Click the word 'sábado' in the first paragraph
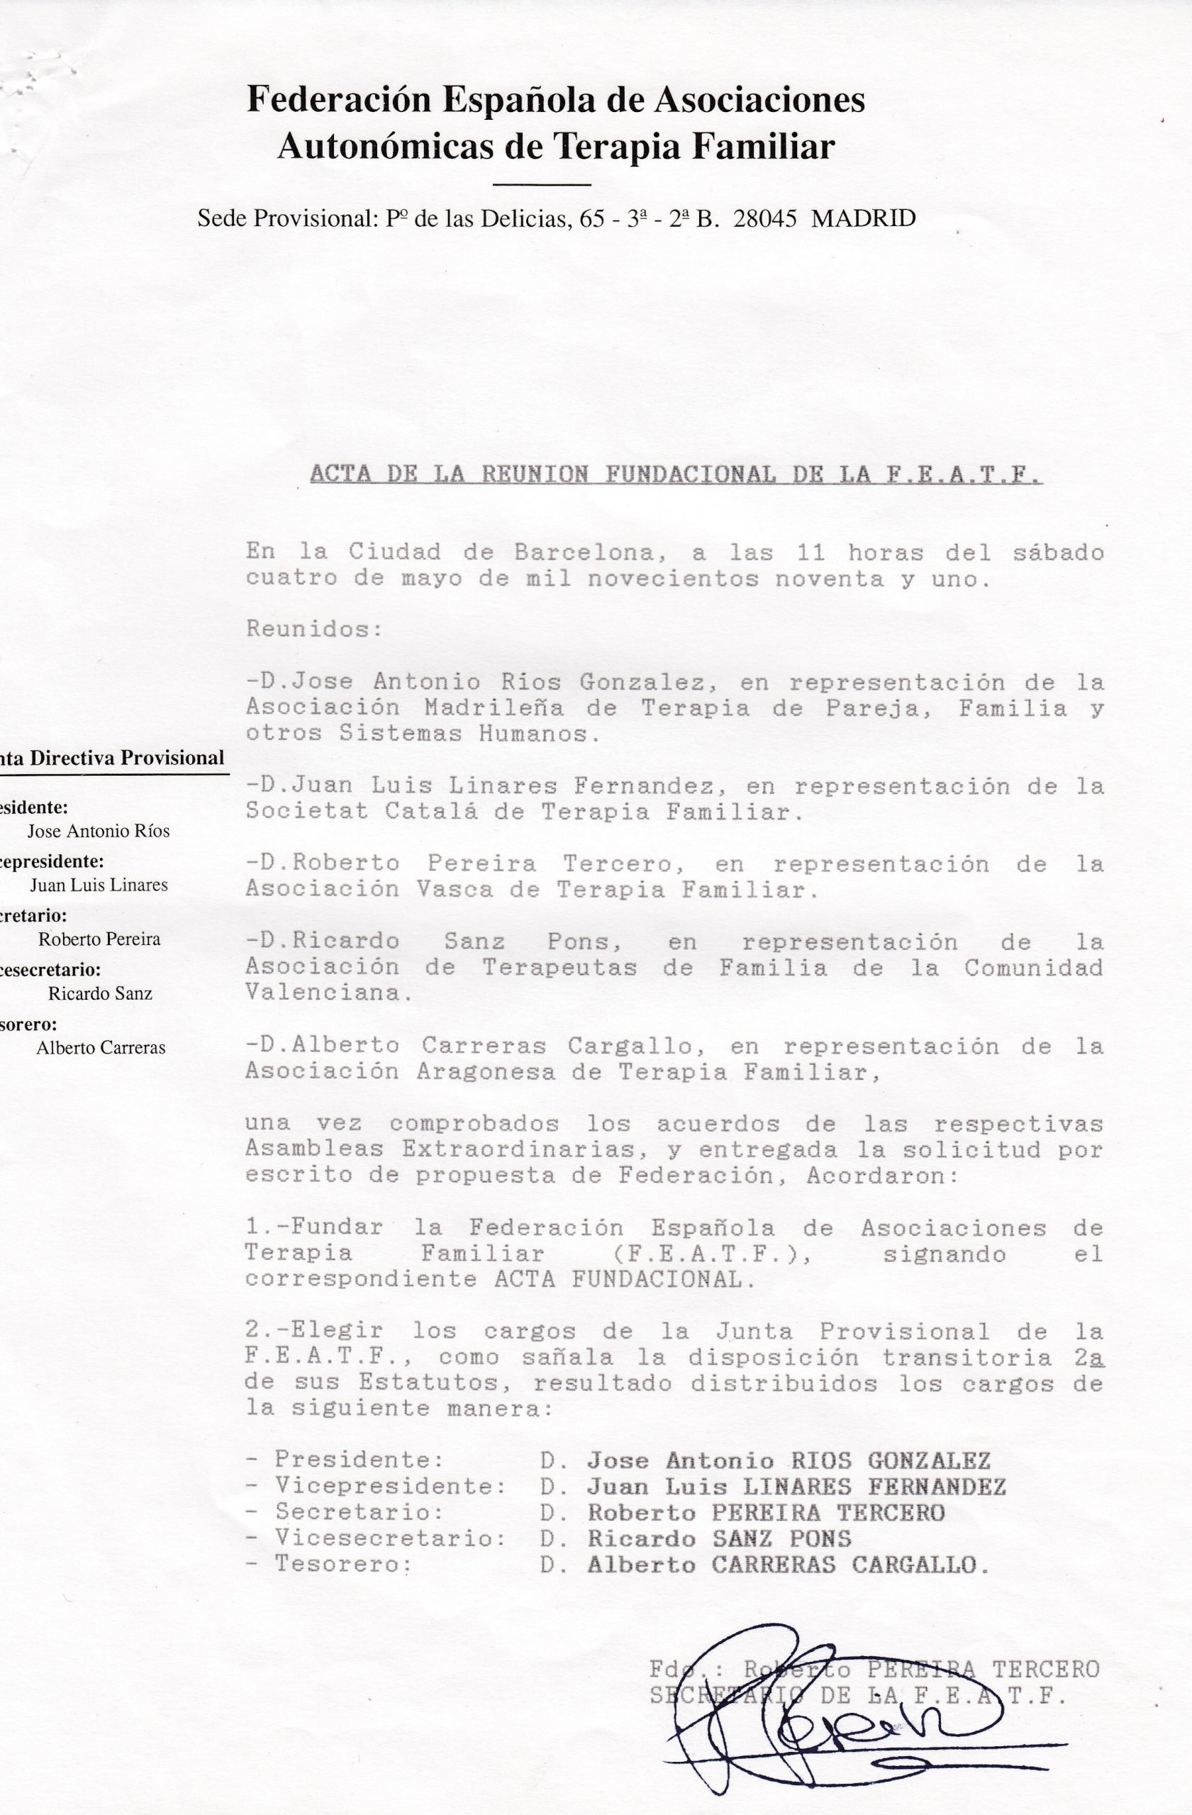[x=1058, y=552]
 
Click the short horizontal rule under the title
[x=542, y=184]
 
